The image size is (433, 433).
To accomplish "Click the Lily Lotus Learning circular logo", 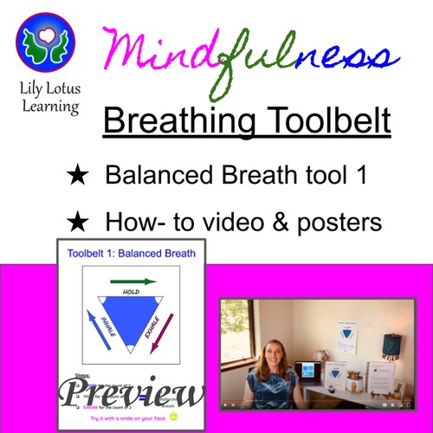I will click(x=45, y=45).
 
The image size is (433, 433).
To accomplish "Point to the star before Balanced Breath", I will click(x=78, y=176).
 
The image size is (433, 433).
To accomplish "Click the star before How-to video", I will click(x=78, y=223).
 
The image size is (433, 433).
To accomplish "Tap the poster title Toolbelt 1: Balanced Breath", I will click(x=130, y=253).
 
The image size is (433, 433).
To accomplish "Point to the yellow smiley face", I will click(x=176, y=417).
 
